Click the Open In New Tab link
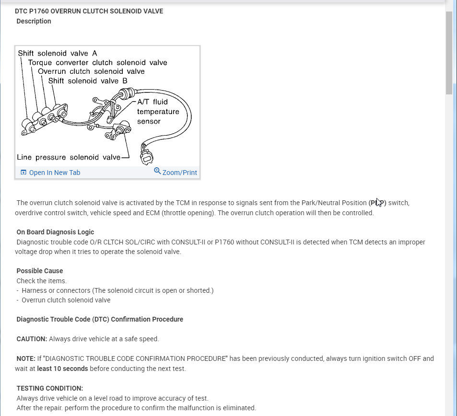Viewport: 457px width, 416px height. [54, 173]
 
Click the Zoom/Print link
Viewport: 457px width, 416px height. [179, 173]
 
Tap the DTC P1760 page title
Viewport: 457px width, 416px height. [89, 11]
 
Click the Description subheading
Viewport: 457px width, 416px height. [34, 21]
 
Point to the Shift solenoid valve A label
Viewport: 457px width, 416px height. [58, 53]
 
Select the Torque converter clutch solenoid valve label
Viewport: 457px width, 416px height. [97, 62]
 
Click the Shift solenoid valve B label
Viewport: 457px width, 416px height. [87, 81]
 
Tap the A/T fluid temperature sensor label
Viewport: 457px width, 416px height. [158, 112]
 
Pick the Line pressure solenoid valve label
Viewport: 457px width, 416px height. [69, 157]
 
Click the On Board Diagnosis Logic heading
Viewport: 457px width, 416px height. [55, 232]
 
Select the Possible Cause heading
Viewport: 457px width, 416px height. [40, 271]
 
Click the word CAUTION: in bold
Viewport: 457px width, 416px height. [32, 339]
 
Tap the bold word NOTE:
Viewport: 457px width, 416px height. [26, 358]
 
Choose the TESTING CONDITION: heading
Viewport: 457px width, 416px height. [50, 388]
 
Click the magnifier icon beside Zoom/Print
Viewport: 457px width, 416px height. [157, 171]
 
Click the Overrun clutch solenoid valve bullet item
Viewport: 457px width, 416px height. [66, 300]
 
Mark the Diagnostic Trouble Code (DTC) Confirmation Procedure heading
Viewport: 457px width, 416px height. [100, 319]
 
